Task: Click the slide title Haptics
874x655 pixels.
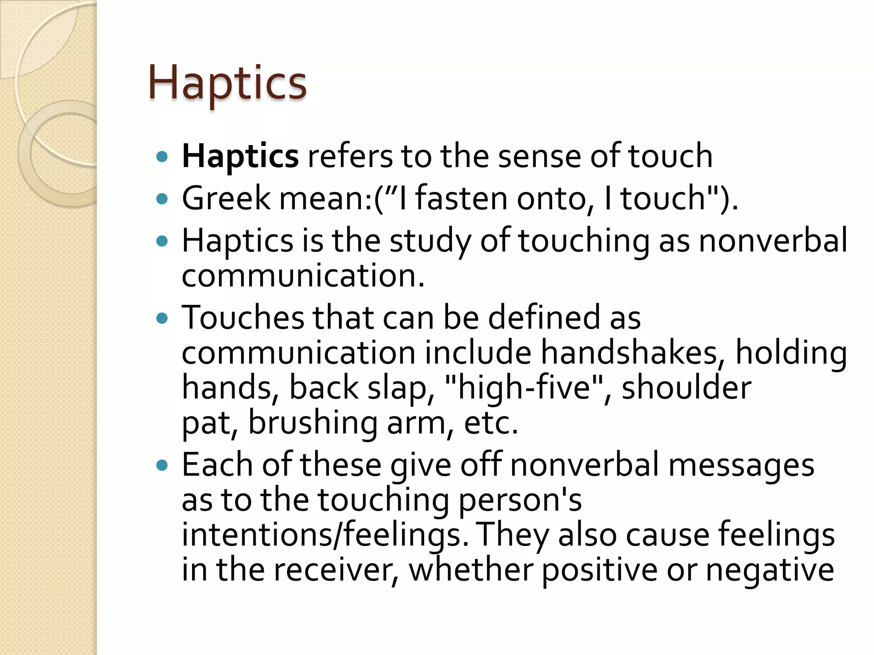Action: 227,83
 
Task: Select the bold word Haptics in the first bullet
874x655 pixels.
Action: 240,157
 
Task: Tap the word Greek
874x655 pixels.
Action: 226,198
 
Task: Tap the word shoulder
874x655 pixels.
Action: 686,388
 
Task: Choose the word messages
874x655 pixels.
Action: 741,465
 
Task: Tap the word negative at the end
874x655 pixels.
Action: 770,570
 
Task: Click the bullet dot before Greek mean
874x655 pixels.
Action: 162,199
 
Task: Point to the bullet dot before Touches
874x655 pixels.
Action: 162,318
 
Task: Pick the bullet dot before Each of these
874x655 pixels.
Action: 162,465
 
